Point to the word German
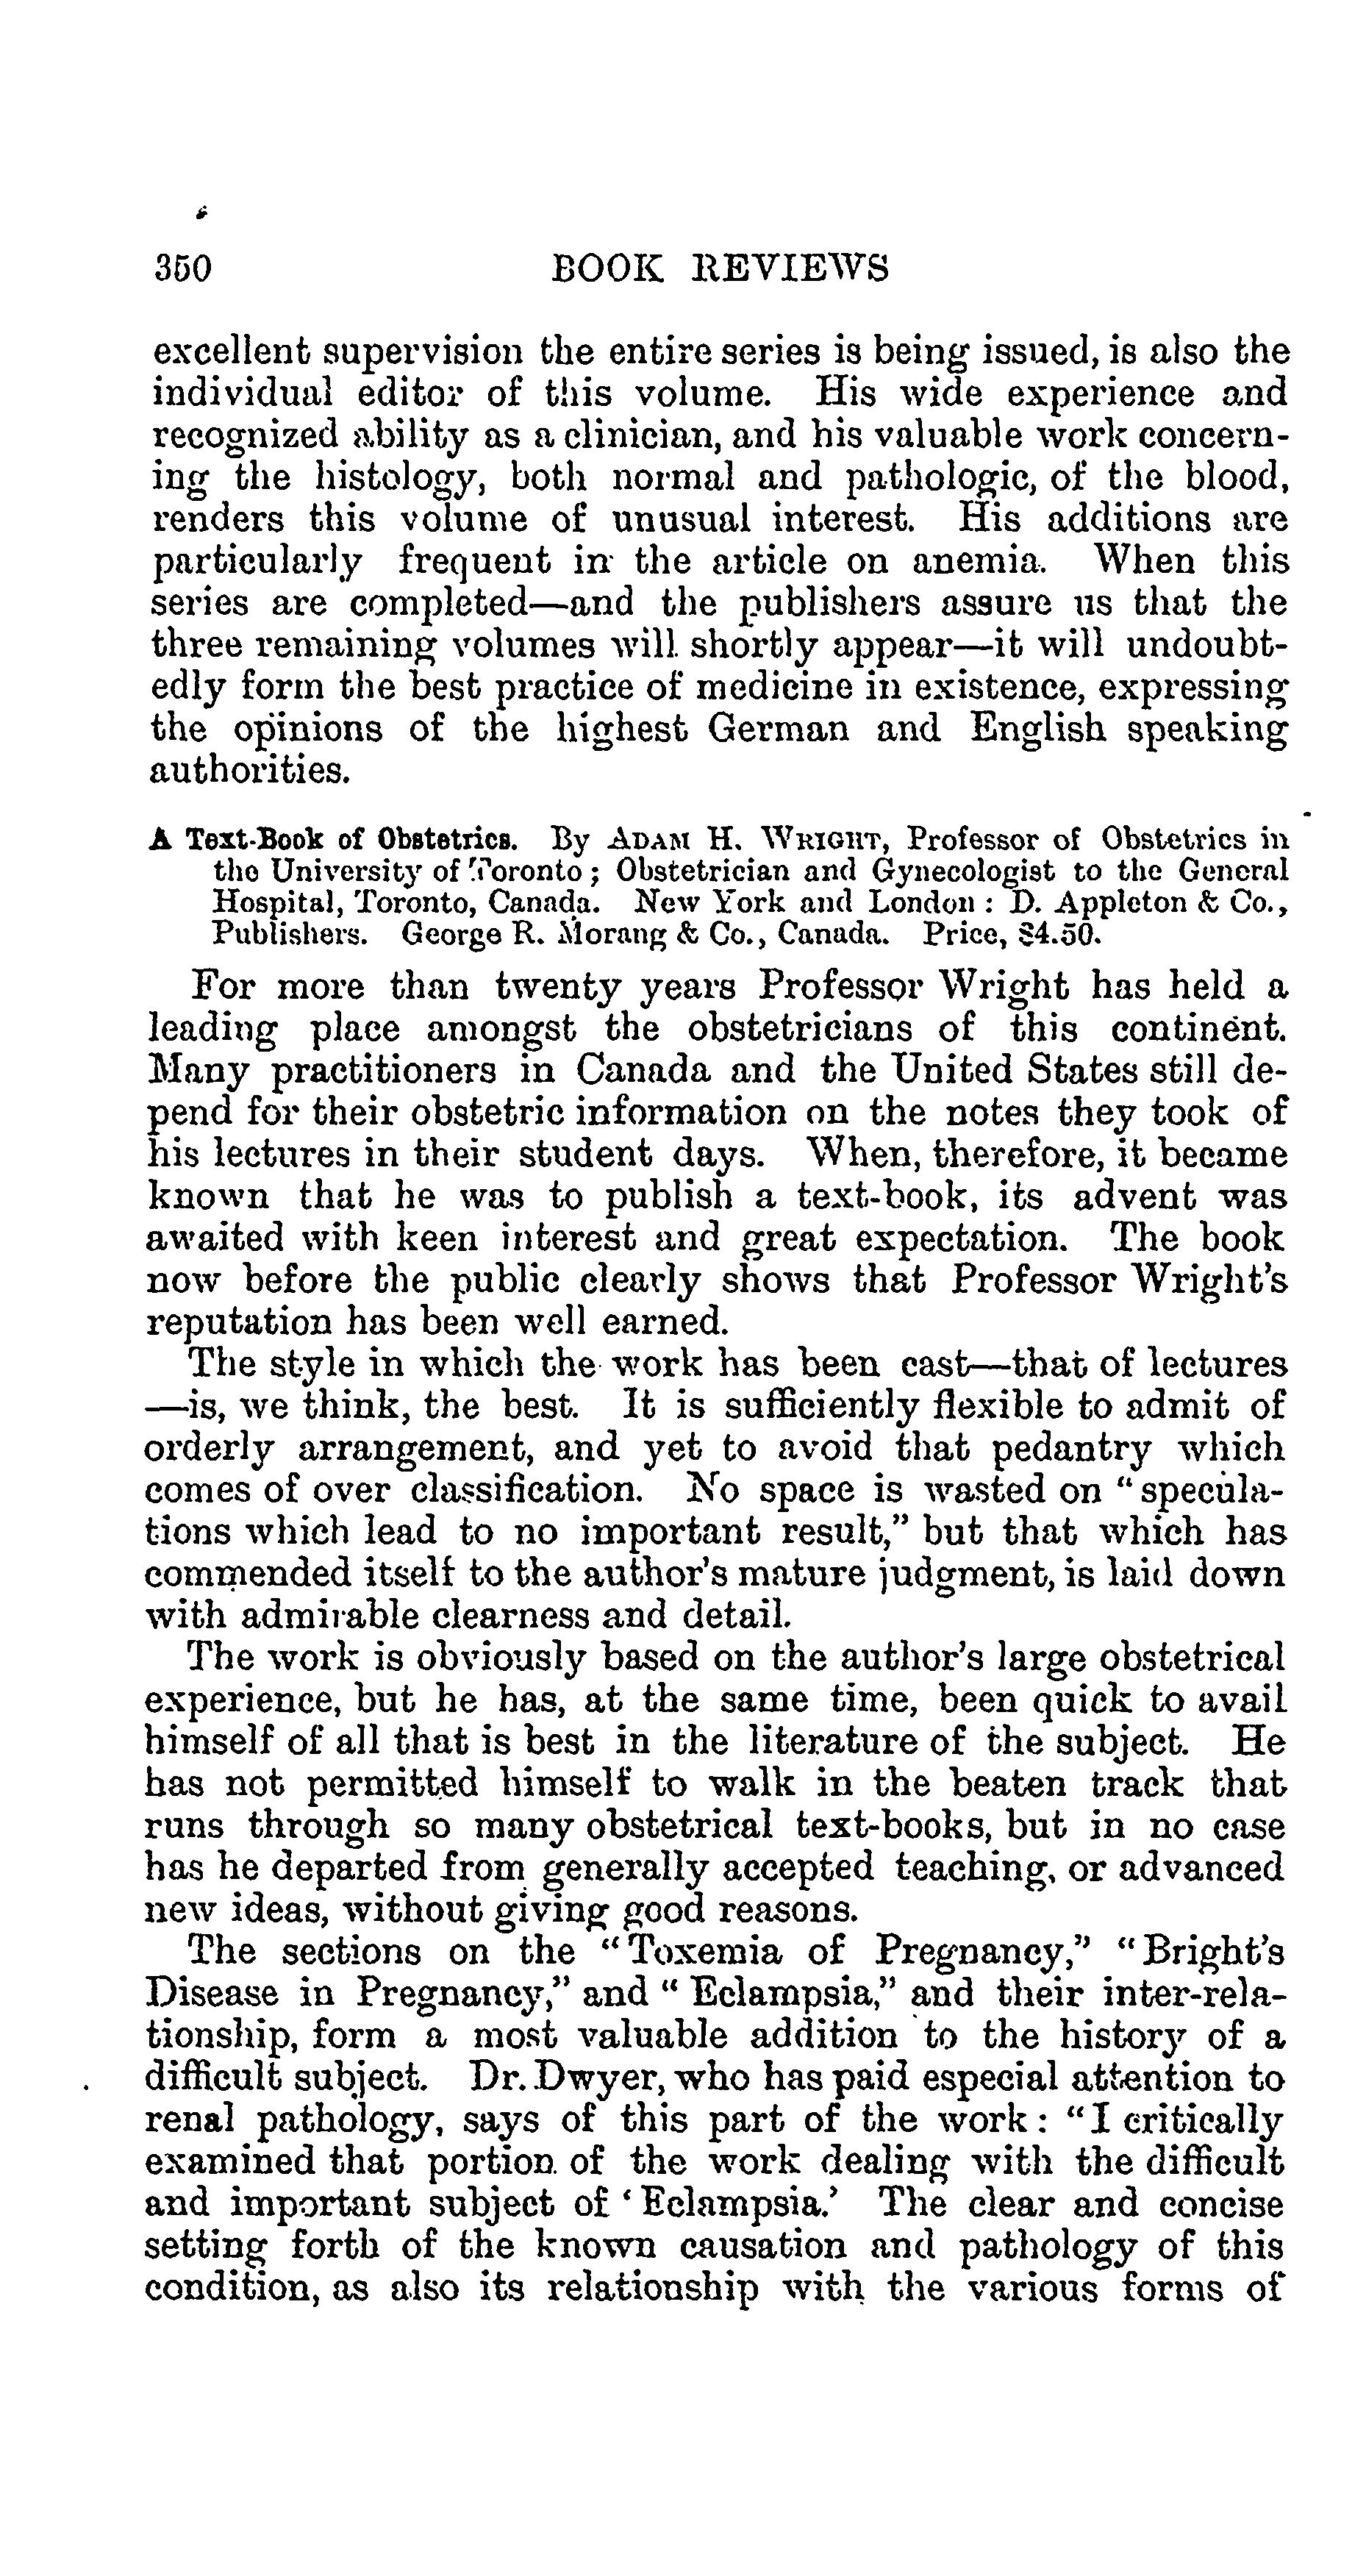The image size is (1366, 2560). tap(779, 730)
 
